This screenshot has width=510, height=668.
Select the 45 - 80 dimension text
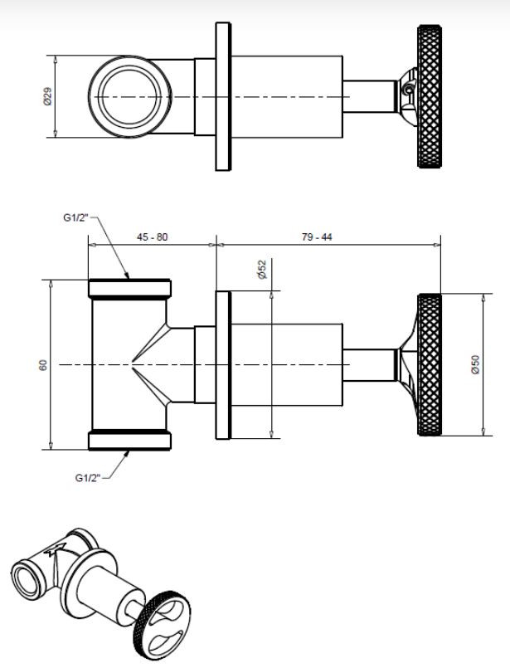[152, 236]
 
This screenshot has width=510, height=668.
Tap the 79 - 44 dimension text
[317, 236]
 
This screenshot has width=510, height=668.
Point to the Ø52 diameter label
[262, 270]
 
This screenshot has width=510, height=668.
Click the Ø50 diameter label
[475, 364]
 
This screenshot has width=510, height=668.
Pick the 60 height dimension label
[43, 365]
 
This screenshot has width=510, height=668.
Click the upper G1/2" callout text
[75, 217]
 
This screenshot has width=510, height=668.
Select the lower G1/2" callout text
[87, 478]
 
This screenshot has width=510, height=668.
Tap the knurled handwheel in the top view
[429, 97]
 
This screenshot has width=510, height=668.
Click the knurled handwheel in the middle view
[429, 364]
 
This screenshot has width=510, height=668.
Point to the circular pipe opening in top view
[130, 97]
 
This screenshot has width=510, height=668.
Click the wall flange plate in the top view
[223, 97]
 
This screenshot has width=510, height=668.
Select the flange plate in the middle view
[223, 365]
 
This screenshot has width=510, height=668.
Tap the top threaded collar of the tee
[130, 289]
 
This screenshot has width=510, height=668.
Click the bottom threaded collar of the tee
[130, 441]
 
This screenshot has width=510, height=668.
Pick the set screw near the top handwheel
[409, 90]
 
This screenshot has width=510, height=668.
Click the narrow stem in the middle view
[369, 365]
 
